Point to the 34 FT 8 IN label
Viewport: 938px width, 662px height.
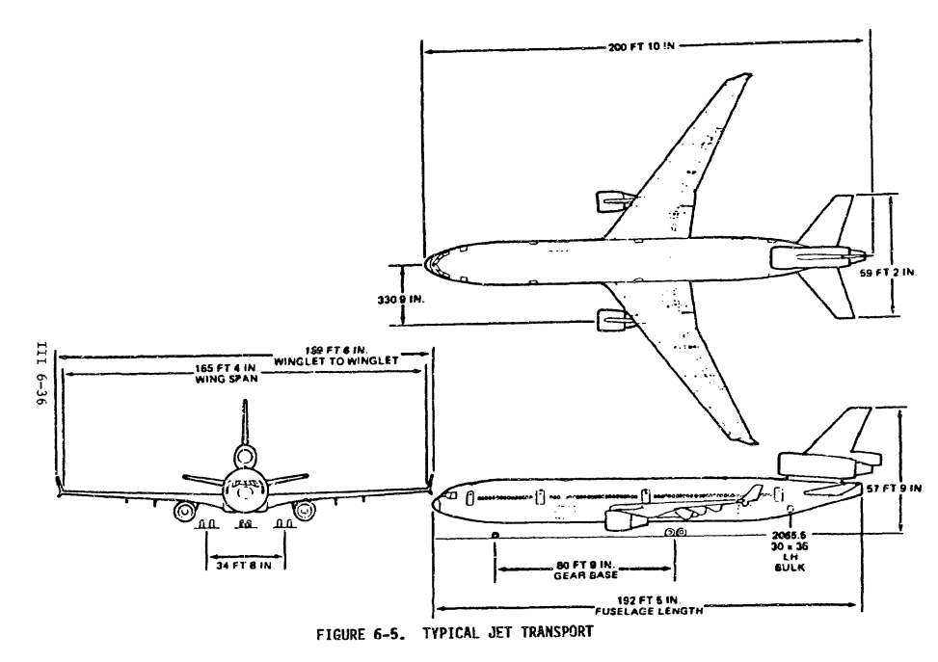pyautogui.click(x=245, y=564)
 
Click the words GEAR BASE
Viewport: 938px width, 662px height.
pyautogui.click(x=577, y=575)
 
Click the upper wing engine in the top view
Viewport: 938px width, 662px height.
pyautogui.click(x=614, y=201)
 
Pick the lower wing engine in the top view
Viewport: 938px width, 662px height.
pyautogui.click(x=614, y=317)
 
